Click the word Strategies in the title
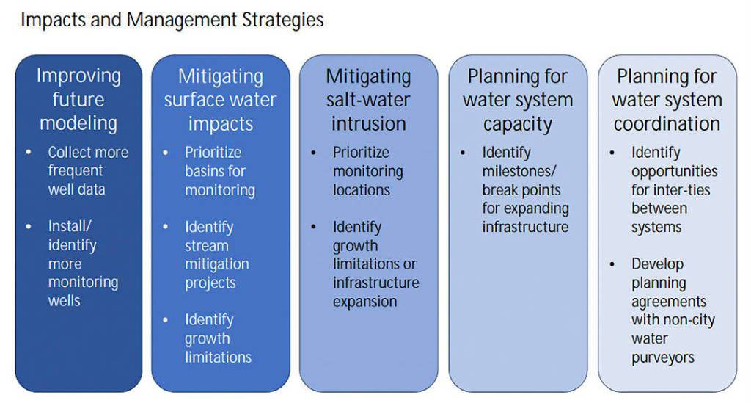[282, 21]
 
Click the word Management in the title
[182, 21]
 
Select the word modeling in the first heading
[78, 123]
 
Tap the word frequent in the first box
[76, 171]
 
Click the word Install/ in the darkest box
[70, 225]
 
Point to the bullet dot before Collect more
[29, 153]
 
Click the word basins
[203, 171]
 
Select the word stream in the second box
[206, 246]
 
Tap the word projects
[210, 283]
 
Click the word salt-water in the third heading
[368, 100]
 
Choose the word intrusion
[369, 124]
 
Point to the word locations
[362, 190]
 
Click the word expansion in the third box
[365, 302]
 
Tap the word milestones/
[519, 171]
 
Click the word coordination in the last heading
[667, 124]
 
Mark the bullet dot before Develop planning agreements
[612, 264]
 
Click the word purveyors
[663, 358]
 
